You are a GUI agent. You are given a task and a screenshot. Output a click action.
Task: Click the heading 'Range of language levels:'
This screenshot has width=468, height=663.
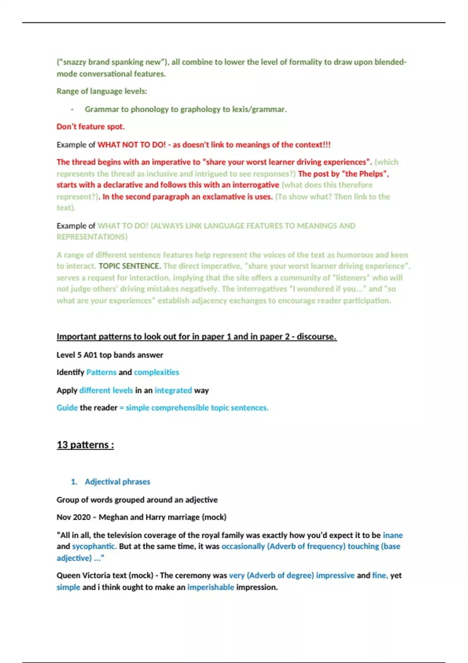click(102, 91)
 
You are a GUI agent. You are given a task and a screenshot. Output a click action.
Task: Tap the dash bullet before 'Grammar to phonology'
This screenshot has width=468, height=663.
click(72, 110)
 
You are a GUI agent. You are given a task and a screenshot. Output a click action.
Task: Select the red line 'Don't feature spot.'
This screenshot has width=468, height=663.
click(90, 127)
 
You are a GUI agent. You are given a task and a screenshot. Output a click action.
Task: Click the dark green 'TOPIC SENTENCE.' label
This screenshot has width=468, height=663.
click(129, 266)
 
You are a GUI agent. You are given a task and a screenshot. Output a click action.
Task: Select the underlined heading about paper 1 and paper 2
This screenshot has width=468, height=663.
click(196, 337)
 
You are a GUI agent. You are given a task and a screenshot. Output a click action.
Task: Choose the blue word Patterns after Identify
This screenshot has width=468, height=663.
click(101, 372)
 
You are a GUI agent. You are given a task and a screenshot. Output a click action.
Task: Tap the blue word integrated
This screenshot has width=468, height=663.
click(173, 390)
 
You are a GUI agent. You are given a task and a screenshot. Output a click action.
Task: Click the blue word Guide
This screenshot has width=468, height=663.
click(67, 408)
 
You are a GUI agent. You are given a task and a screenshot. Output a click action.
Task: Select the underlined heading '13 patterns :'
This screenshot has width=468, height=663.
click(85, 445)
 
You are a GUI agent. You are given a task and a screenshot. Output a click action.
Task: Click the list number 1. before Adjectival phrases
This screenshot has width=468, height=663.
click(74, 482)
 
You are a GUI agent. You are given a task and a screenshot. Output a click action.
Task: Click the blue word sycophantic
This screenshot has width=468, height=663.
click(94, 546)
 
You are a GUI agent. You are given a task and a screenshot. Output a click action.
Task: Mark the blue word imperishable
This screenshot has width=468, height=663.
click(211, 587)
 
